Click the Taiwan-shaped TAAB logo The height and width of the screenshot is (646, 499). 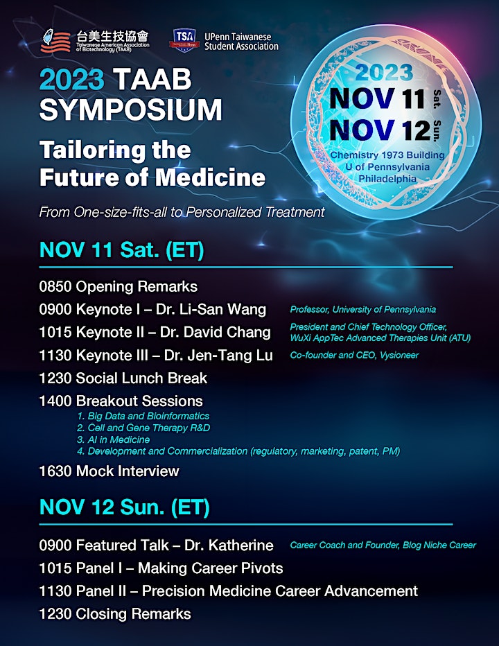pos(55,40)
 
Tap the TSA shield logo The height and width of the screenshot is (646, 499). pos(184,40)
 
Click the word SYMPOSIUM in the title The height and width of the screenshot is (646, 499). pos(130,110)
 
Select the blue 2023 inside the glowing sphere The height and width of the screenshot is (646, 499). pos(384,73)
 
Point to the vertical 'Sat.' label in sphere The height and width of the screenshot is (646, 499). pos(437,98)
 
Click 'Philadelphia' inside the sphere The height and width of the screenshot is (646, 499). pos(387,179)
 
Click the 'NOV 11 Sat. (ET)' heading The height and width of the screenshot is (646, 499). pos(121,250)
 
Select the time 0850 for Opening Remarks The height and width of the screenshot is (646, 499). pos(55,287)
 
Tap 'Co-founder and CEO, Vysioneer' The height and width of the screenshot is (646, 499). pos(354,355)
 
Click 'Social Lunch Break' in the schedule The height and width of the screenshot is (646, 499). pos(142,378)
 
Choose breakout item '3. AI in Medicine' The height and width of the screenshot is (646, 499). pos(114,439)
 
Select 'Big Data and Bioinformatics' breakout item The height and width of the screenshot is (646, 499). pos(148,416)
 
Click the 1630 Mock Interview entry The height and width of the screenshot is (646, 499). pos(110,471)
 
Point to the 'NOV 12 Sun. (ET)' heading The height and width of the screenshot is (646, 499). pos(125,507)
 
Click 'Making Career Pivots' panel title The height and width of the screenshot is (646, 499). pos(210,568)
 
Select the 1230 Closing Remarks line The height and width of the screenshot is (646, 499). pos(115,614)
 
